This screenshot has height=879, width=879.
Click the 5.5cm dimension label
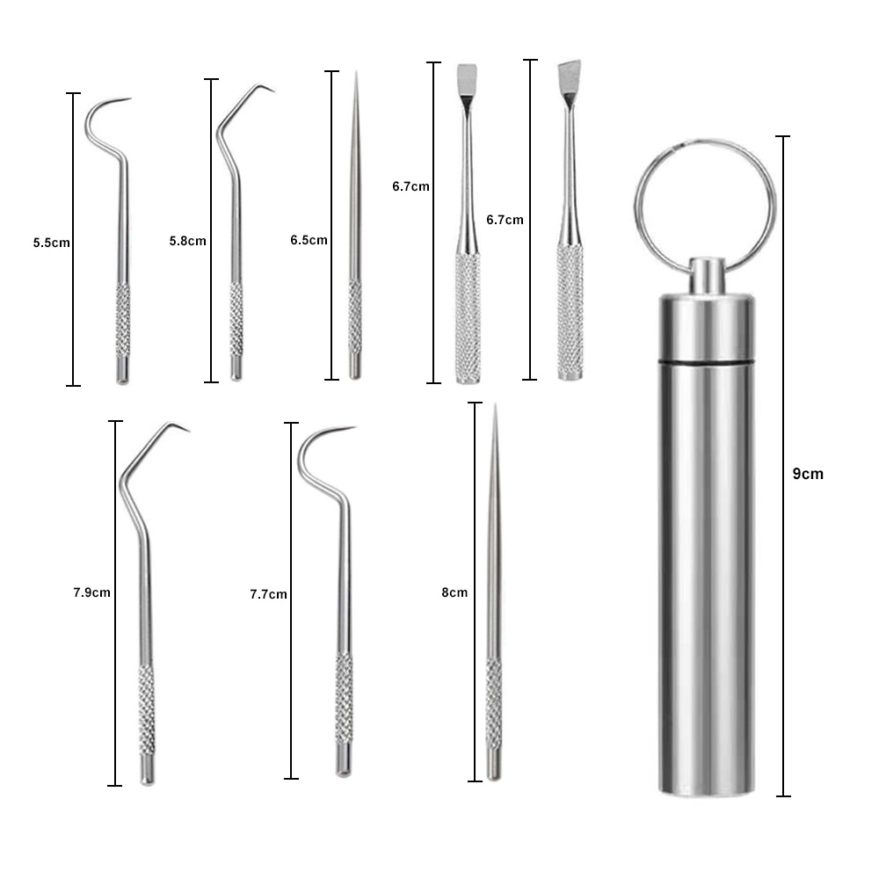pyautogui.click(x=51, y=243)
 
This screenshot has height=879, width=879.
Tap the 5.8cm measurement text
pyautogui.click(x=187, y=241)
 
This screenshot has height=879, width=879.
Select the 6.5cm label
pyautogui.click(x=309, y=239)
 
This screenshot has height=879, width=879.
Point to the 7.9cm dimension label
pyautogui.click(x=91, y=592)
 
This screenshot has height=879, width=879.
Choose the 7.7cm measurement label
pyautogui.click(x=268, y=594)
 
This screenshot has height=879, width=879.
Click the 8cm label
pyautogui.click(x=454, y=592)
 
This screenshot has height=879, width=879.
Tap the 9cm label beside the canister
pyautogui.click(x=808, y=474)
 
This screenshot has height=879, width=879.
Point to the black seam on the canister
pyautogui.click(x=707, y=362)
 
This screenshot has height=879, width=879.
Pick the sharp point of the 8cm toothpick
pyautogui.click(x=495, y=410)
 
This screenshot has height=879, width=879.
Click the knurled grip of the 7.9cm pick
pyautogui.click(x=146, y=708)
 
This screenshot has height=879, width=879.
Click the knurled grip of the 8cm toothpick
pyautogui.click(x=493, y=703)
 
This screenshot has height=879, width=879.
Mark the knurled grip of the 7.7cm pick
pyautogui.click(x=344, y=698)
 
